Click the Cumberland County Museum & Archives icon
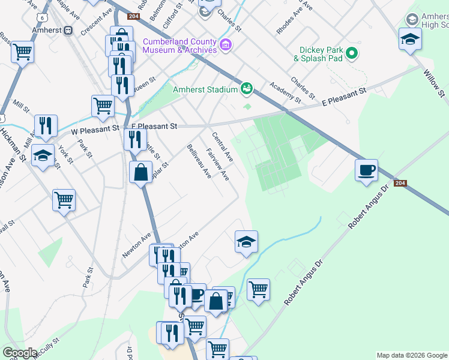tap(226, 44)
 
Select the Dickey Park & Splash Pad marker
tap(352, 53)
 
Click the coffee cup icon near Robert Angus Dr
tap(366, 170)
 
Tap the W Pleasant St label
tap(92, 130)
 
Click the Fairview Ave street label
tap(217, 165)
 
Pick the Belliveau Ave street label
tap(199, 161)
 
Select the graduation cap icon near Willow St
tap(410, 39)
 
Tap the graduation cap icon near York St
tap(43, 156)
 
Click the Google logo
tap(20, 353)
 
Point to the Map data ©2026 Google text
tap(412, 355)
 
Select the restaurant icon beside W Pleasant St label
tap(46, 125)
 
